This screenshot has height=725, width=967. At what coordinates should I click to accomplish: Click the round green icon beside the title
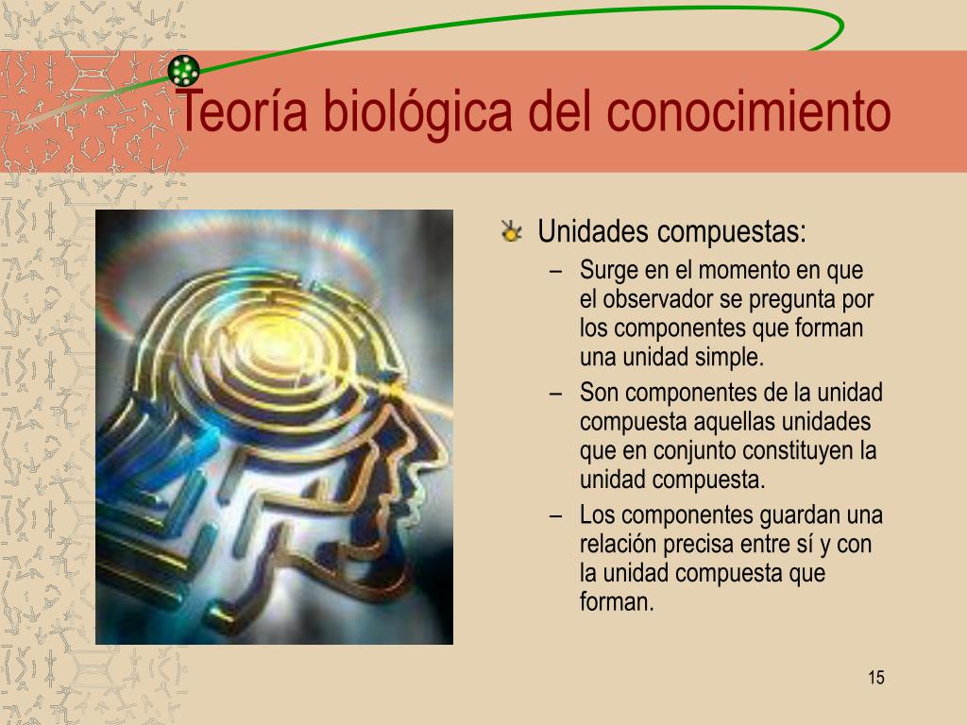[183, 70]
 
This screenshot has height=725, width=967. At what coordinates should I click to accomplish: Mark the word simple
[728, 358]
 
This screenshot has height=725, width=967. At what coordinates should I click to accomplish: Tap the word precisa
[699, 545]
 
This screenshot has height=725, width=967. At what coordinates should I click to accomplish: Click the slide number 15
[875, 678]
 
